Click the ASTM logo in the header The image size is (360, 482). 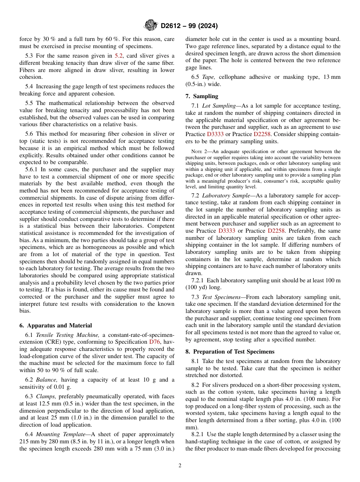pos(151,25)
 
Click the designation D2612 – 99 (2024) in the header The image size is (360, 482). pos(189,26)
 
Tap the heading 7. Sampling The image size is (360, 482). pos(202,96)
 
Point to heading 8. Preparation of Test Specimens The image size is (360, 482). pos(230,351)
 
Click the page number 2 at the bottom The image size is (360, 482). pos(180,465)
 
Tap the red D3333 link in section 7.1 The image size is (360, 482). pos(215,134)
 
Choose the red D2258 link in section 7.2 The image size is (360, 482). pos(277,231)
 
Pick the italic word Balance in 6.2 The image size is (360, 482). pos(47,379)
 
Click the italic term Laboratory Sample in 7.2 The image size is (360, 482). pos(226,195)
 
